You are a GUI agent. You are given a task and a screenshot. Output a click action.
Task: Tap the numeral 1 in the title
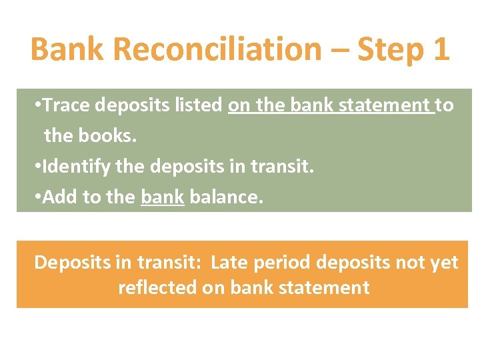[439, 49]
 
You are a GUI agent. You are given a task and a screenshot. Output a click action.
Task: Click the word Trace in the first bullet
[68, 105]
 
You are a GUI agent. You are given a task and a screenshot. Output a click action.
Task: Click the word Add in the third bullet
[57, 197]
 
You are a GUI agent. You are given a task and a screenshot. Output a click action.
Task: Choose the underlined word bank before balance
[162, 198]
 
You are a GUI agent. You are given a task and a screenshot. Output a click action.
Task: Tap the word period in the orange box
[284, 263]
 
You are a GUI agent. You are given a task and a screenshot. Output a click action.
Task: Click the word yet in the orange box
[443, 263]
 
